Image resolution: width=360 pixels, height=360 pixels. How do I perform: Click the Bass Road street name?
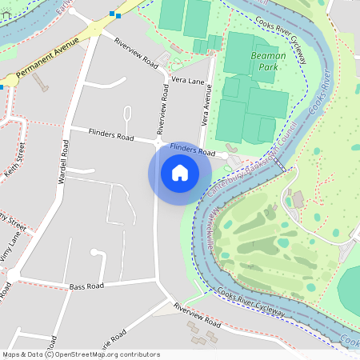pos(86,286)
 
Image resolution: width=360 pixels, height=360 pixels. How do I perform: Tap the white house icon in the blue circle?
pos(180,173)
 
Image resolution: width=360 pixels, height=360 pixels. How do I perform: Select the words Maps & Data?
pos(22,354)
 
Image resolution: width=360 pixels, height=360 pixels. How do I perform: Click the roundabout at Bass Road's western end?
pos(13,276)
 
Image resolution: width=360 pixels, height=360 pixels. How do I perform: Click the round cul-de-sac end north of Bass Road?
pos(98,254)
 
